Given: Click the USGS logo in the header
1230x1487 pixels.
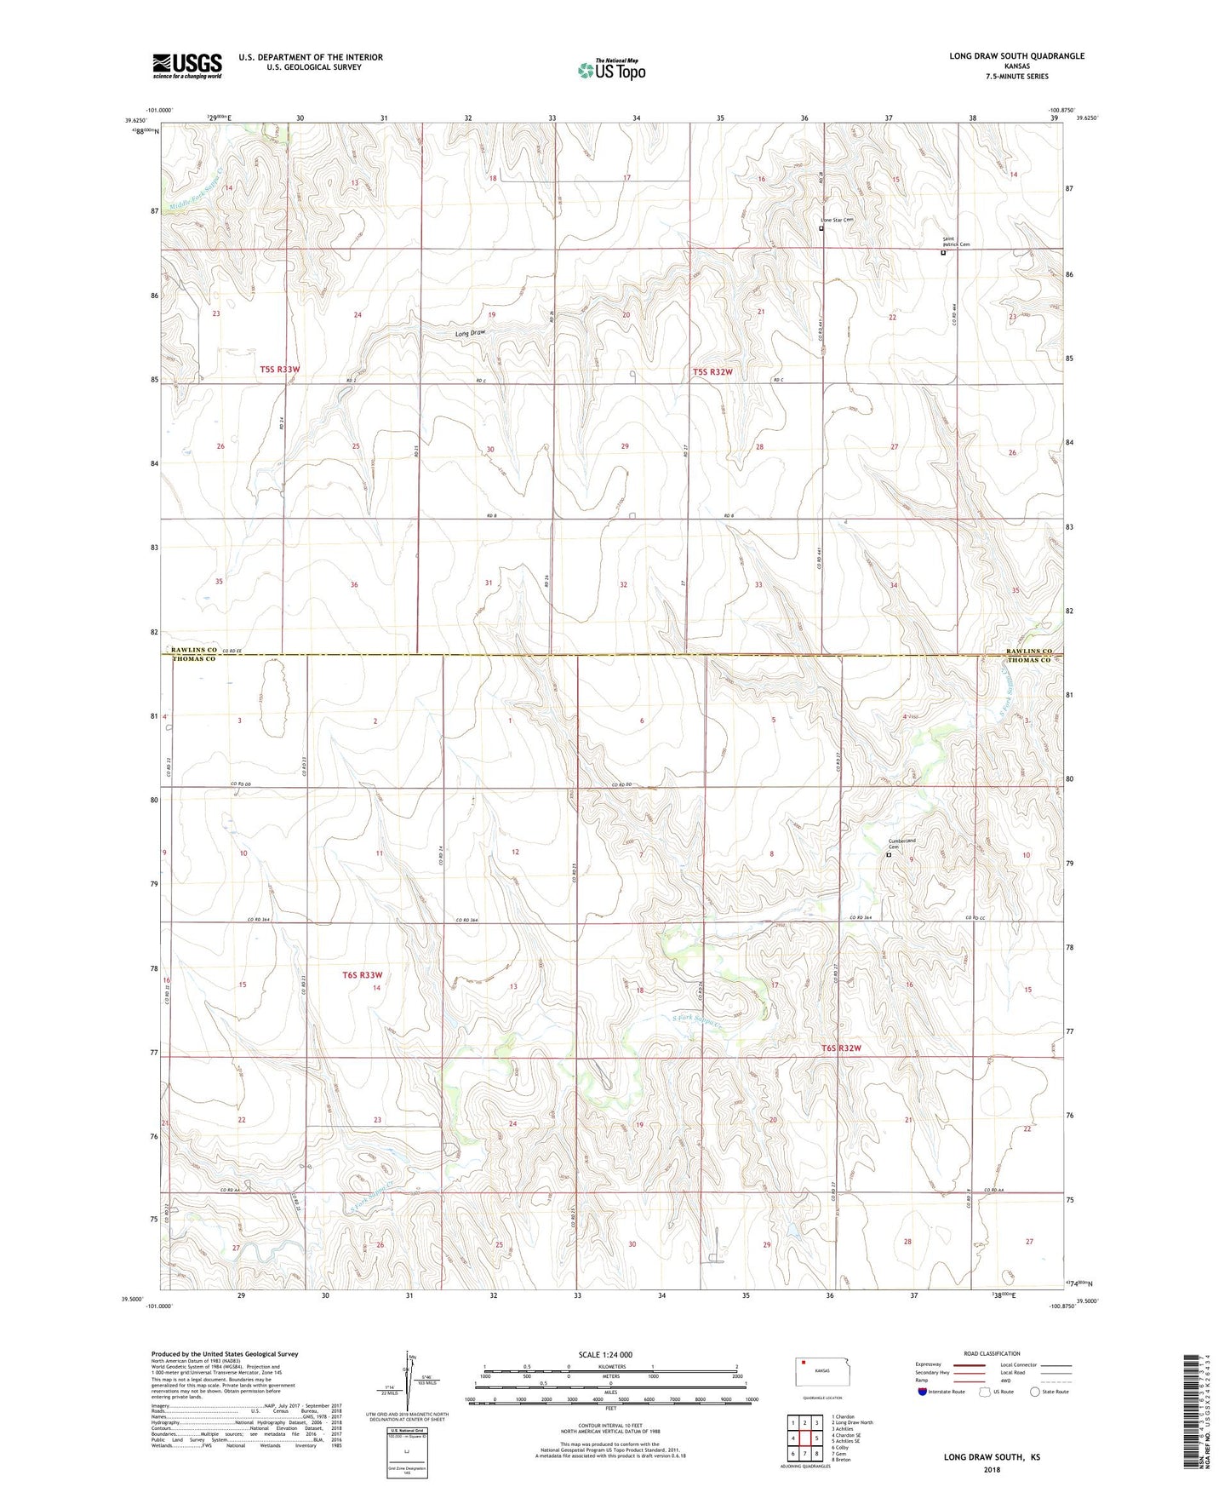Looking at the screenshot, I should coord(187,66).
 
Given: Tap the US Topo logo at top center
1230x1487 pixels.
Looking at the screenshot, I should coord(611,70).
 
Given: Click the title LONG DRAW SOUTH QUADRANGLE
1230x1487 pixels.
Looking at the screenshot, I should coord(1016,56).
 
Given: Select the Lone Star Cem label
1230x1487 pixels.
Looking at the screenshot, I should coord(837,221).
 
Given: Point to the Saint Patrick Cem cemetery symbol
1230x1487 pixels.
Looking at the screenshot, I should coord(942,253).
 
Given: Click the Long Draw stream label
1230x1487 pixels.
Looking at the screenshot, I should coord(470,334).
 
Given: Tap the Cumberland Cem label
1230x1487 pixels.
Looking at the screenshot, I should coord(901,844).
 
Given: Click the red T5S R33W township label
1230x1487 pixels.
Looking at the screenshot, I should coord(280,370).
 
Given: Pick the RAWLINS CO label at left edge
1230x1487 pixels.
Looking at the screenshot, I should coord(194,650).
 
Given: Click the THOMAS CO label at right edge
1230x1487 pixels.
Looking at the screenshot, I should coord(1029,660).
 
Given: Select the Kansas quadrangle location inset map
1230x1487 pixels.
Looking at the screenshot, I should coord(821,1370).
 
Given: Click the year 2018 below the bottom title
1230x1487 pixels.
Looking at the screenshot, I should coord(992,1469).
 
